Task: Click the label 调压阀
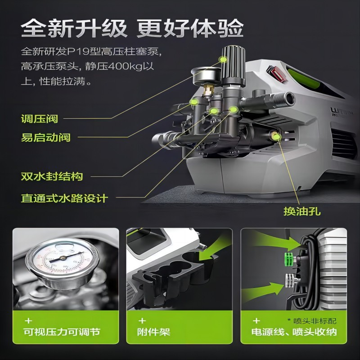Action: [x=40, y=119]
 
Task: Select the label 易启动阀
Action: [x=46, y=137]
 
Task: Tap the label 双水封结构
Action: [x=52, y=176]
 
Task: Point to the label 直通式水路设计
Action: [x=64, y=198]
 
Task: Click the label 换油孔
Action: [x=302, y=211]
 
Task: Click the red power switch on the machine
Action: [x=276, y=73]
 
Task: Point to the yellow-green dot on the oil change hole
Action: [x=276, y=137]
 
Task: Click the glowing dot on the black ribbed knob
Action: [x=223, y=60]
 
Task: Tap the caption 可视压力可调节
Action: [x=62, y=332]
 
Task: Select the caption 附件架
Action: [x=153, y=332]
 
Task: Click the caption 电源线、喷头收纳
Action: [x=294, y=332]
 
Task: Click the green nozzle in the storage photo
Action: [x=290, y=259]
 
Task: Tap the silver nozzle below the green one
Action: [x=291, y=280]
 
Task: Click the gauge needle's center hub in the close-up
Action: [x=62, y=258]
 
